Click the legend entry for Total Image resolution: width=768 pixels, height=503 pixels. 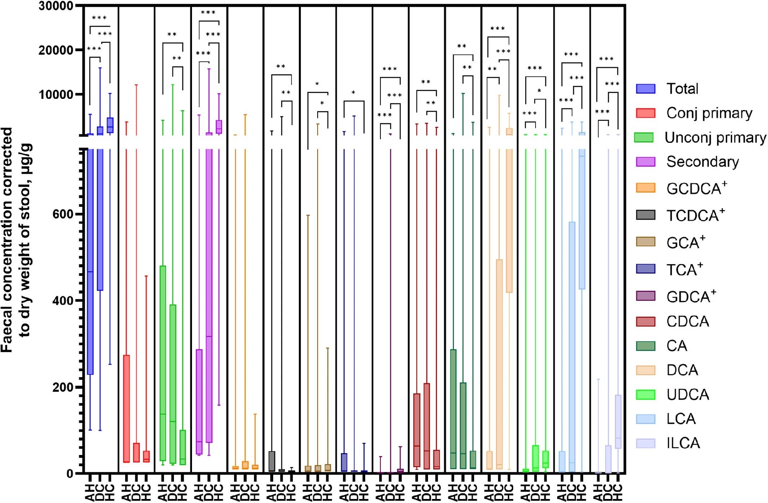tap(682, 88)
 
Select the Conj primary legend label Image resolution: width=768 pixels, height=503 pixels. tap(709, 113)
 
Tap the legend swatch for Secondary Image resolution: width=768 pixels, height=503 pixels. tap(646, 162)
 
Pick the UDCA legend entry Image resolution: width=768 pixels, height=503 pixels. tap(688, 395)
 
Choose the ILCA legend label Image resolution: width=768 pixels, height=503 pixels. tap(683, 443)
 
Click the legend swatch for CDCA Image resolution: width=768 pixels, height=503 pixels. tap(646, 321)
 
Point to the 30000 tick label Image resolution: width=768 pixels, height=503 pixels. tap(56, 6)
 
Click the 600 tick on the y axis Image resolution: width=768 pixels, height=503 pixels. tap(63, 214)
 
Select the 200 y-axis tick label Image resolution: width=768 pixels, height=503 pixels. tap(63, 387)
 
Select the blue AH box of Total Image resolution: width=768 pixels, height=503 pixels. tap(90, 260)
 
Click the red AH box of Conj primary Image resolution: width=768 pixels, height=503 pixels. tap(126, 408)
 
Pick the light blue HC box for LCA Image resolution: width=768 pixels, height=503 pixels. tap(582, 220)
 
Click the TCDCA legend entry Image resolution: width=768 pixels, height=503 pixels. tap(695, 215)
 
